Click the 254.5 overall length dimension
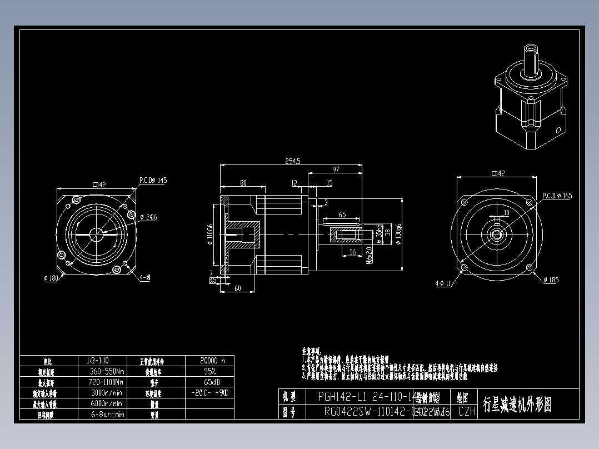coord(292,161)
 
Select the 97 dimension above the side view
coord(336,169)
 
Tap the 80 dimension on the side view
coord(243,183)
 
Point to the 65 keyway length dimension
coord(342,214)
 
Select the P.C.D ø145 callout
coord(153,181)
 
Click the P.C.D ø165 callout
coord(557,196)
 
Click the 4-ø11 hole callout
coord(443,283)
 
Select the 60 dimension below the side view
coord(237,288)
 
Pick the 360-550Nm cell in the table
coord(105,371)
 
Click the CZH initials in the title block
coord(467,411)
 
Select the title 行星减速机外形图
coord(517,405)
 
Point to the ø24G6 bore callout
coord(148,217)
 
